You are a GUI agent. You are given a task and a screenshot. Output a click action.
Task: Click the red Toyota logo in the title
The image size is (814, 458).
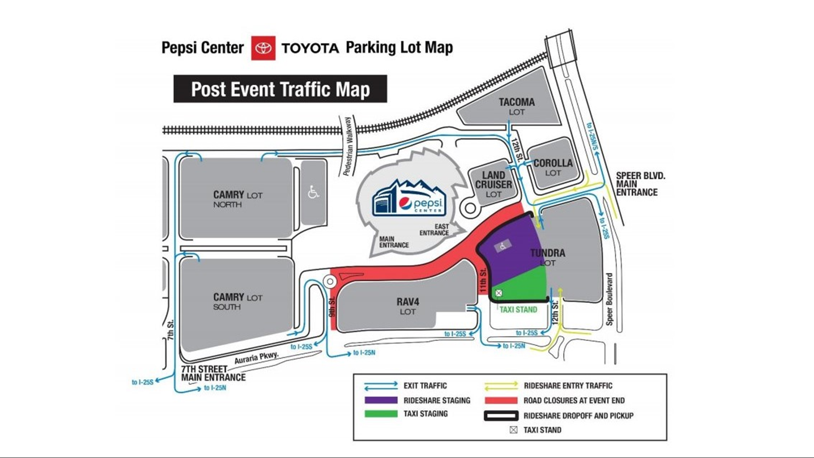coord(263,48)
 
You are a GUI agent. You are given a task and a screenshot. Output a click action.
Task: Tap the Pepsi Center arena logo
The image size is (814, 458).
coord(408,198)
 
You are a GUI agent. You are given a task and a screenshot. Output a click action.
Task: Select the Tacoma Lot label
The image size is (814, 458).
coord(516,106)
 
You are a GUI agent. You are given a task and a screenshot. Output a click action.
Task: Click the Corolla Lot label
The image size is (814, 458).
coord(553,168)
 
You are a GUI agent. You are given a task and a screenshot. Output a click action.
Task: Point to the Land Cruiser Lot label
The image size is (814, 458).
coord(493,184)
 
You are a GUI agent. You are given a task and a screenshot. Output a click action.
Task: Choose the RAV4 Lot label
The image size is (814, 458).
coord(408,306)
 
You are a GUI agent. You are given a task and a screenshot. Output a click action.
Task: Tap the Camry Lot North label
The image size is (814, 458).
coord(237,199)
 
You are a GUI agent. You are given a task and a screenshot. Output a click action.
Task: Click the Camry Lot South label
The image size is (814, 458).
coord(237,301)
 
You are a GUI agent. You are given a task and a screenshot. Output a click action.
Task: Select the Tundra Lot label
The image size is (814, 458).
coord(547,257)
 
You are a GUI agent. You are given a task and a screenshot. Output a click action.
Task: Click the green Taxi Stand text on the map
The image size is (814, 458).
coord(518,310)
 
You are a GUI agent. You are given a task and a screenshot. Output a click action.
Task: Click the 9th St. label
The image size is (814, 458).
coord(332,307)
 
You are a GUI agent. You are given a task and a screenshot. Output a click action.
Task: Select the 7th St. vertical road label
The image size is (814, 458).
coord(170,330)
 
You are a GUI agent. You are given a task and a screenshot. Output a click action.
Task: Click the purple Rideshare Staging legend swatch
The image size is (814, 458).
coord(381,400)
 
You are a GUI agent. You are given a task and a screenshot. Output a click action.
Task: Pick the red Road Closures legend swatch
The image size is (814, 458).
coord(501,400)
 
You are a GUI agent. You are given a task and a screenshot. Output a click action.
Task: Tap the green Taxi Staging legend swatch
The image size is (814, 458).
coord(381,413)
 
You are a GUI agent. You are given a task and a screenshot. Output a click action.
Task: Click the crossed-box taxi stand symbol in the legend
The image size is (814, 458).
coord(513,430)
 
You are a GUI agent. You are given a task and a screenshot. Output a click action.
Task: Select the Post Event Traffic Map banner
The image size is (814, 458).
coord(280,89)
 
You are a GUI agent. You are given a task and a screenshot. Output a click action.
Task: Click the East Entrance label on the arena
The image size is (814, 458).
coord(434,230)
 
